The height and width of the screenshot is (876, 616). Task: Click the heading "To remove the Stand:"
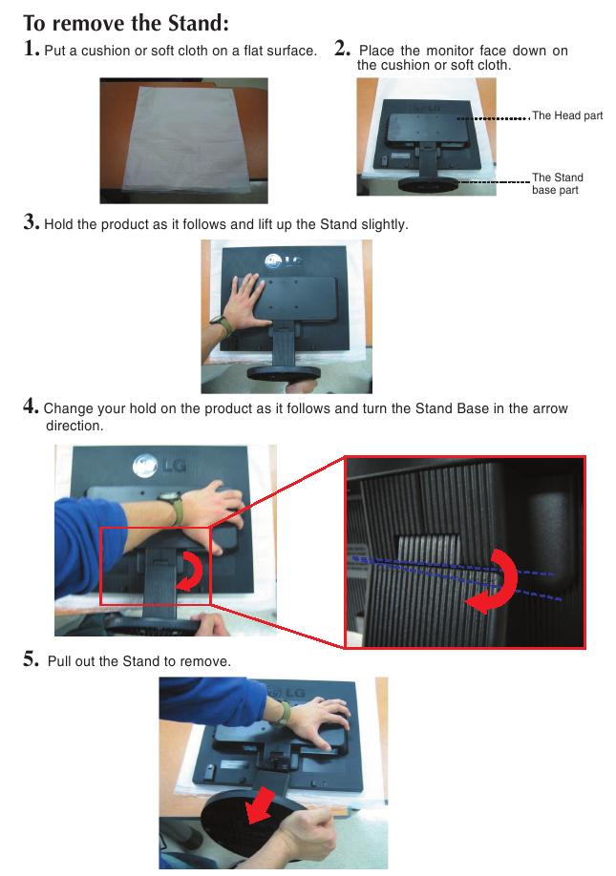point(126,24)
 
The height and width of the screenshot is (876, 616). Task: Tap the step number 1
point(31,49)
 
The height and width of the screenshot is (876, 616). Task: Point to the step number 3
point(32,221)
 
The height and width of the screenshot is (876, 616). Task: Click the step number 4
point(32,406)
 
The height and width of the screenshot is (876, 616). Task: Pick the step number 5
point(32,658)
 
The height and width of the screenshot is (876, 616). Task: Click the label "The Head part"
point(567,115)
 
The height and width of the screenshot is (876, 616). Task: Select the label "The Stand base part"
point(558,184)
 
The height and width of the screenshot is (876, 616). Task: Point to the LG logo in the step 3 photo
point(284,261)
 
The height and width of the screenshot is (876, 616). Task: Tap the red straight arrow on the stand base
point(260,805)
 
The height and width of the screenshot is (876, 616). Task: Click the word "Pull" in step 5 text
point(59,661)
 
